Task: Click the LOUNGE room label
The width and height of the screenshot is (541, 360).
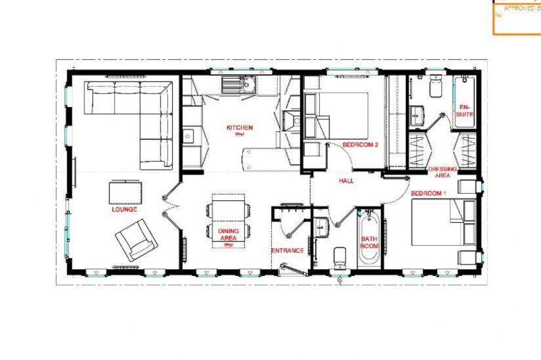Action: [x=124, y=210]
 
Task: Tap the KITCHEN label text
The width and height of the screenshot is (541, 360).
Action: [x=240, y=128]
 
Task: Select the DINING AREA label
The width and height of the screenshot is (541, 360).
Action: [x=228, y=235]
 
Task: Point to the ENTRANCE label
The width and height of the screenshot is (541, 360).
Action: [x=288, y=250]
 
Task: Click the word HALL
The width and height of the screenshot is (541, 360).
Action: [x=347, y=180]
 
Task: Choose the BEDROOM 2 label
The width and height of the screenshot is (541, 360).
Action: [x=361, y=145]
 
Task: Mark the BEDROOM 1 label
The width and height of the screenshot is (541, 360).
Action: [x=429, y=194]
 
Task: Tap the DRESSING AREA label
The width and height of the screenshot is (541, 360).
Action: [x=443, y=172]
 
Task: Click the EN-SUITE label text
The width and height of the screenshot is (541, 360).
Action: [x=465, y=110]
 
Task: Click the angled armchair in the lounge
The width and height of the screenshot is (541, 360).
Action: [x=137, y=240]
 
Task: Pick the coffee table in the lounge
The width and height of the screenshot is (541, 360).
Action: [x=125, y=192]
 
